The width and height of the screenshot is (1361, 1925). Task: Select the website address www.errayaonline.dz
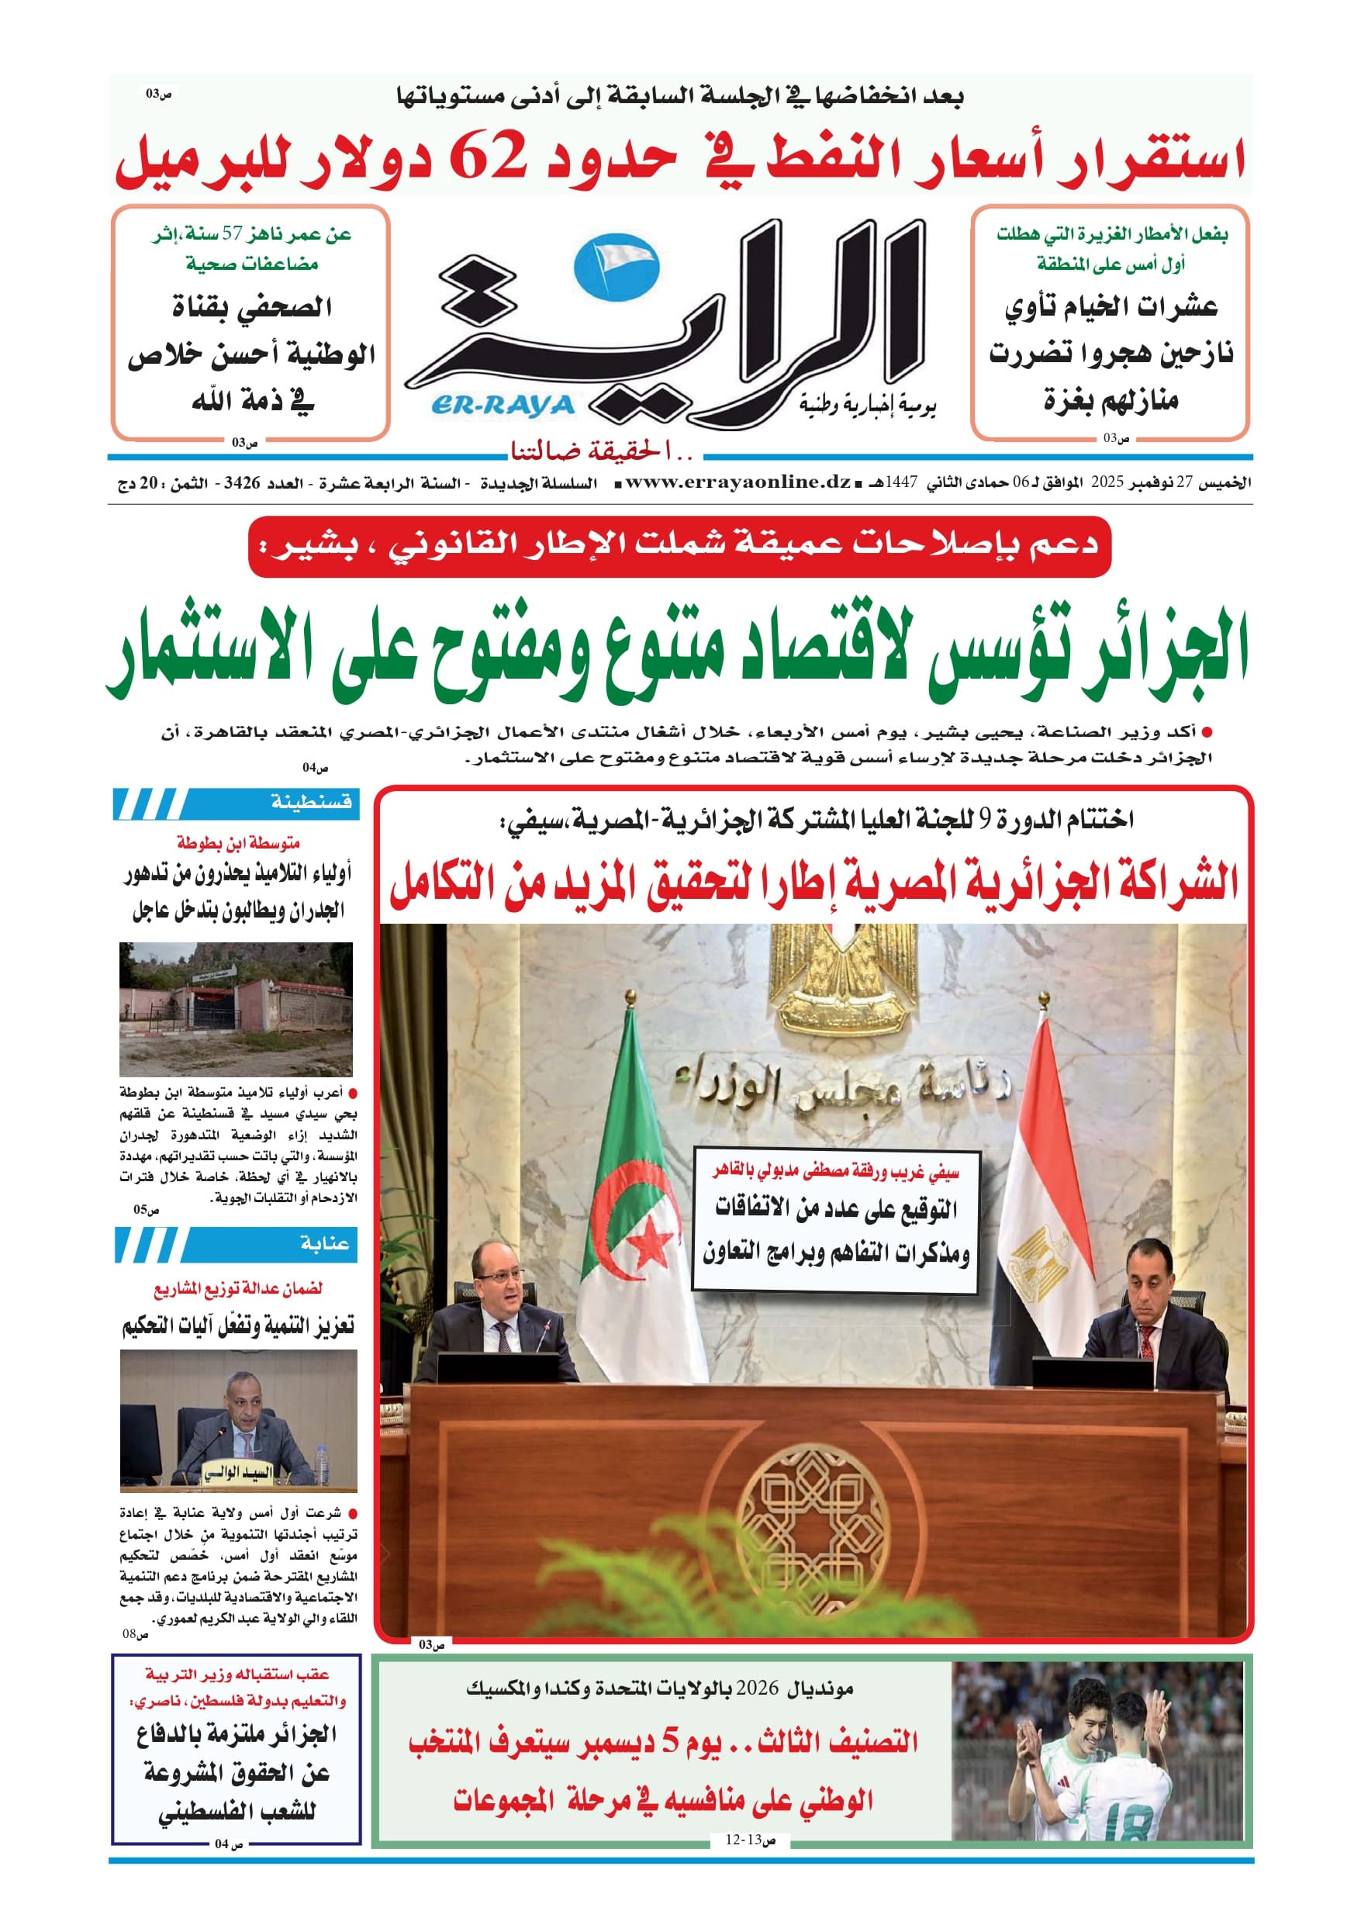click(x=738, y=482)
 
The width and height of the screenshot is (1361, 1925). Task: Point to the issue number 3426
click(x=241, y=484)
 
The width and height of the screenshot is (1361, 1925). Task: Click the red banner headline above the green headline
click(x=679, y=547)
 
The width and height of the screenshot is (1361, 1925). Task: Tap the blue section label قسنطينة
click(x=311, y=803)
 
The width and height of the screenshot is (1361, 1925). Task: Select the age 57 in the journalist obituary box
click(x=230, y=234)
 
